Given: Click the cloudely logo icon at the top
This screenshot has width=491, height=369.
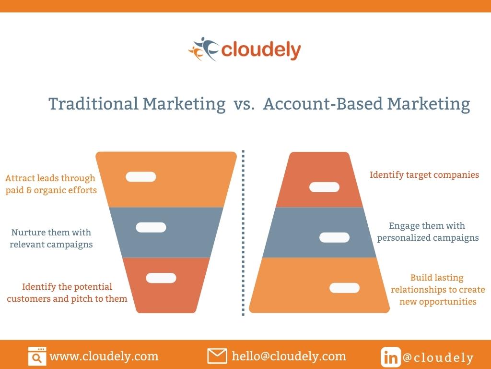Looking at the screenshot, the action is tap(203, 49).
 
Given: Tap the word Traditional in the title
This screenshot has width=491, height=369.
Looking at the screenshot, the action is tap(94, 104).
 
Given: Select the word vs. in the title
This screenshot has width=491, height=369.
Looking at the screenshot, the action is tap(244, 104).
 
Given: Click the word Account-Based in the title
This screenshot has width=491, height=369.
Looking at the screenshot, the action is tap(323, 104).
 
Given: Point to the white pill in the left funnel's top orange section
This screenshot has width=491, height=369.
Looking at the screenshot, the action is tap(141, 177).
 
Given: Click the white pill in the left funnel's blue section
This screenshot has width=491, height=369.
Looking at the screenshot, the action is tap(151, 227).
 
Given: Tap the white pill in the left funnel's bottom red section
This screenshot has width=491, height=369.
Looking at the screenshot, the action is tap(161, 278).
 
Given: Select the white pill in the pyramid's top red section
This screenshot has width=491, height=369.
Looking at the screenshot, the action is tap(325, 187).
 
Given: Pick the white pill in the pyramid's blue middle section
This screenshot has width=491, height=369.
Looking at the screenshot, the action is tap(334, 237).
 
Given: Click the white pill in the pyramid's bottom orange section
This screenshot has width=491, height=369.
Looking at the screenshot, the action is tap(344, 288).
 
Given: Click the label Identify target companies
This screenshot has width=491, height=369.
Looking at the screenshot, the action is tap(424, 175).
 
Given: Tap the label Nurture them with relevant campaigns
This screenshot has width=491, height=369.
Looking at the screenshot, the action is tap(51, 238).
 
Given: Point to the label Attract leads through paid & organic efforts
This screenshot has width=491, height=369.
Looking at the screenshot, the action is tap(51, 184).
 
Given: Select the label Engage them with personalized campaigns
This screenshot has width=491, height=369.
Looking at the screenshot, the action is tap(428, 232).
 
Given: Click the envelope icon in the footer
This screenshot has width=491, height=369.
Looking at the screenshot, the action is tap(217, 356).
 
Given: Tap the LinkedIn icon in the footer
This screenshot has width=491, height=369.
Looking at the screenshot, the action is tap(391, 357).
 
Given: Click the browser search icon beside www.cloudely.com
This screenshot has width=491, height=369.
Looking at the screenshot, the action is tap(37, 356).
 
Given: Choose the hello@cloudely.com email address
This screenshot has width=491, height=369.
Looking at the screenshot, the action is tap(289, 356).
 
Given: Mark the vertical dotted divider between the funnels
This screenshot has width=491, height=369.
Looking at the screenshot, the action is tap(243, 233).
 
